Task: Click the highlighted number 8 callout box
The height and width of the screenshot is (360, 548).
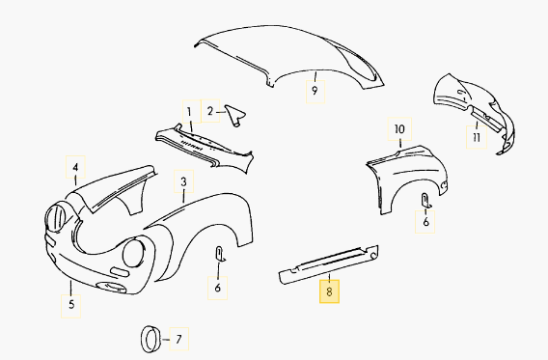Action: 329,291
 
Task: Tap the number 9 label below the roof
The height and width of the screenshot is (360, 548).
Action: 315,92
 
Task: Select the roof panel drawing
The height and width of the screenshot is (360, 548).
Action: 289,56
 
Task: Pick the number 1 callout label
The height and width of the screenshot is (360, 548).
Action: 192,112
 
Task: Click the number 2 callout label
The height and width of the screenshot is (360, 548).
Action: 210,111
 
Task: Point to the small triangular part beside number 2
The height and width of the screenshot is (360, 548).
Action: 234,115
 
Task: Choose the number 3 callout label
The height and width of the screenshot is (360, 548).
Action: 184,181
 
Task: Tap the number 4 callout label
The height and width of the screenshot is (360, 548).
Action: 75,167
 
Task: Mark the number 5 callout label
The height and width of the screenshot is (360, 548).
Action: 71,306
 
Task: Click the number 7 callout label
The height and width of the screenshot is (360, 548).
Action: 178,339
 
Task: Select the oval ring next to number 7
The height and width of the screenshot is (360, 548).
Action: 151,339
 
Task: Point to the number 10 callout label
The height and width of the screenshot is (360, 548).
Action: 399,129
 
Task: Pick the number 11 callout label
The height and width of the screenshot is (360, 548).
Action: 477,137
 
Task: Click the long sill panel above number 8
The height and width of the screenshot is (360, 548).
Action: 329,264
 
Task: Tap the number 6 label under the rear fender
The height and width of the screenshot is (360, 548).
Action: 425,222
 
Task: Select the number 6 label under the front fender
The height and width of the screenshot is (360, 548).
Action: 218,288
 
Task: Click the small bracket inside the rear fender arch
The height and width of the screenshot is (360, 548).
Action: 426,201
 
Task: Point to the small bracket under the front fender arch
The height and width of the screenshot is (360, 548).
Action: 220,254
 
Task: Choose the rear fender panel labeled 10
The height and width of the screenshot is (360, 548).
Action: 407,180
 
